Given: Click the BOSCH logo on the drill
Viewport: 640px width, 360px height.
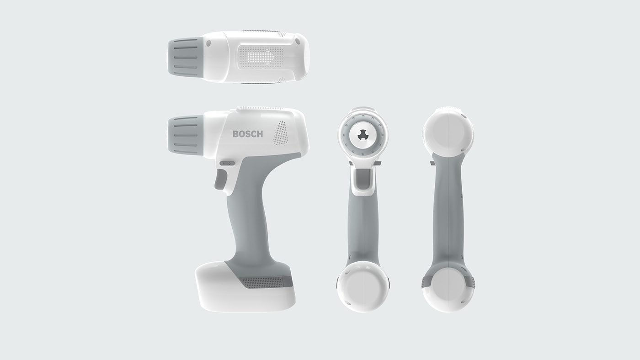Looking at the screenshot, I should pyautogui.click(x=248, y=134).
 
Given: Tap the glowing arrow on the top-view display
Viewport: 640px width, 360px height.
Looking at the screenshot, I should pyautogui.click(x=261, y=58).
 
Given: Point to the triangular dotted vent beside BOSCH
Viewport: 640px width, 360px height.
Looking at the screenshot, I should pyautogui.click(x=281, y=133).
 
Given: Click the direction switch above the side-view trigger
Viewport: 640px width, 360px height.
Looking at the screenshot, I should pyautogui.click(x=227, y=163).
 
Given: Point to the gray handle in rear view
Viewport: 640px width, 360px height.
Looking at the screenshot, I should pyautogui.click(x=448, y=215).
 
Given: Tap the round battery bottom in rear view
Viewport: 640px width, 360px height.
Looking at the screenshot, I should pyautogui.click(x=448, y=289).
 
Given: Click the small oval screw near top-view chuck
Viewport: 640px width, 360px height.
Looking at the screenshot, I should pyautogui.click(x=208, y=43).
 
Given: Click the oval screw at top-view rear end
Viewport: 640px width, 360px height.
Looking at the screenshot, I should pyautogui.click(x=298, y=42).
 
